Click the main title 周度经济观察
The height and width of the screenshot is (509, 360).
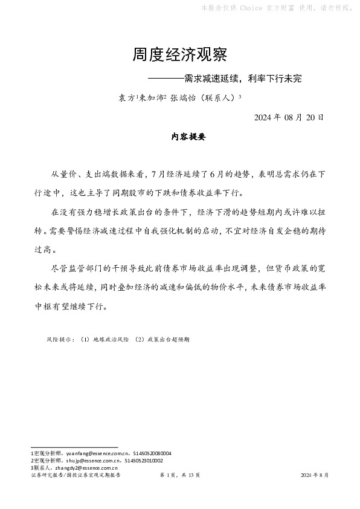pyautogui.click(x=179, y=55)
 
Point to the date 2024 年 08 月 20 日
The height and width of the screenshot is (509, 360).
pyautogui.click(x=289, y=117)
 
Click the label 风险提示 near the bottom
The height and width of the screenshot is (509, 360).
pyautogui.click(x=60, y=340)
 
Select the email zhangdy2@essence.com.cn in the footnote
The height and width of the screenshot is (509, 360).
pyautogui.click(x=85, y=467)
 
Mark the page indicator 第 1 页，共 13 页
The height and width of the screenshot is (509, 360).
pyautogui.click(x=180, y=476)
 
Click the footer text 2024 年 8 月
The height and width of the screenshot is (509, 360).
pyautogui.click(x=315, y=476)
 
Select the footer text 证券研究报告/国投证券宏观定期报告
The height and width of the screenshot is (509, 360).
pyautogui.click(x=75, y=476)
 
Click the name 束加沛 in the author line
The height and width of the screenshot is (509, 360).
pyautogui.click(x=151, y=96)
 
